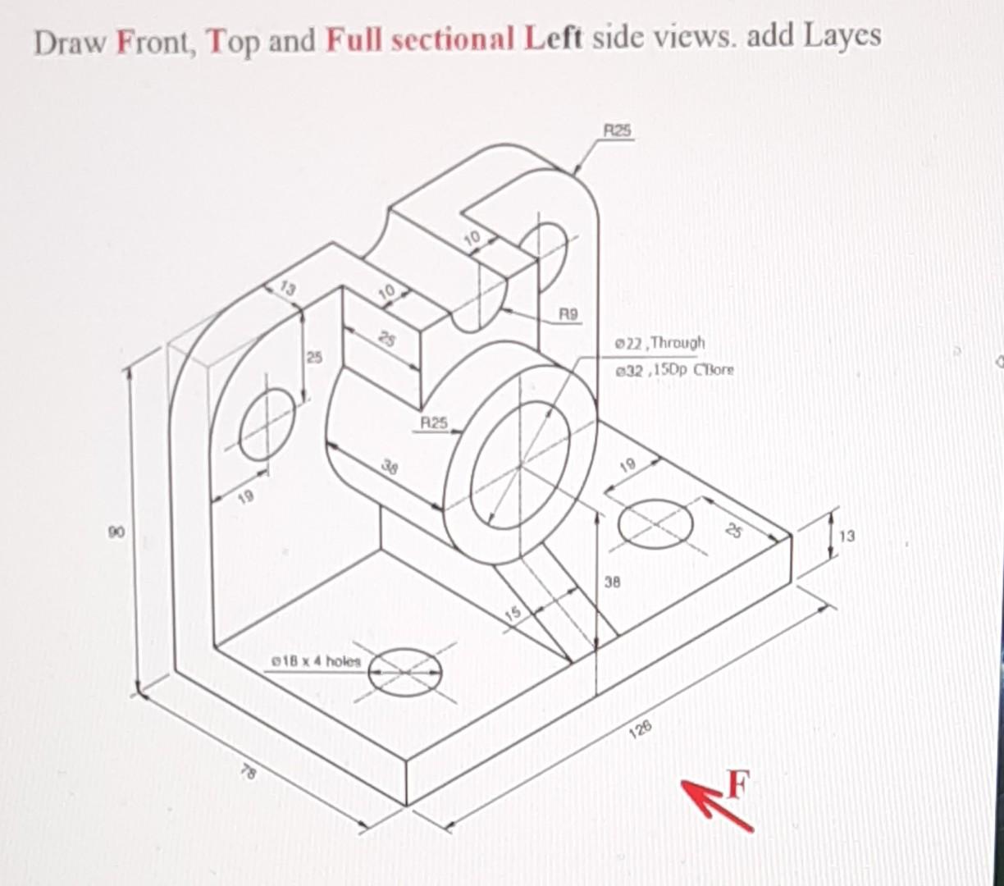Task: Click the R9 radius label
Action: (x=568, y=313)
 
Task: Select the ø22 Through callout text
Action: (x=659, y=342)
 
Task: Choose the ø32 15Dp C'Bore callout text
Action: (x=675, y=369)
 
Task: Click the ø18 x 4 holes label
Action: (x=316, y=660)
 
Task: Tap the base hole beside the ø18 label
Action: (x=404, y=670)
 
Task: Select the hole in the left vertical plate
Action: (x=267, y=424)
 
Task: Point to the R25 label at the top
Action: (x=618, y=130)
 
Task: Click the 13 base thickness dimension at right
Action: (x=847, y=537)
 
